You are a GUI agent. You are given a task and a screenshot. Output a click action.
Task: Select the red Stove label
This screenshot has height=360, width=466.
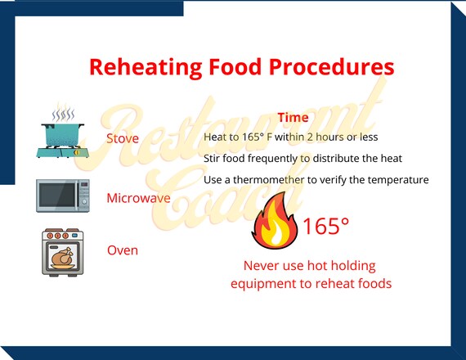point(123,137)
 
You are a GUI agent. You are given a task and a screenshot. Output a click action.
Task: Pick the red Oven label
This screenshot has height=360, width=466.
point(123,250)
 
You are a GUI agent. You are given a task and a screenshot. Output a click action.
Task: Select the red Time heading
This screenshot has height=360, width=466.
point(293,118)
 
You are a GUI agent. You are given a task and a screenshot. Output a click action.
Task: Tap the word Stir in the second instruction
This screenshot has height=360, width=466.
point(213,158)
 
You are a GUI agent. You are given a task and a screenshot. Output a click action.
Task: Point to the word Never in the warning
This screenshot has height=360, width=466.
point(262,266)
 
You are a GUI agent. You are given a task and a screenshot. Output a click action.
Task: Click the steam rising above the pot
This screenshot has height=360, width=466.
point(63,115)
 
